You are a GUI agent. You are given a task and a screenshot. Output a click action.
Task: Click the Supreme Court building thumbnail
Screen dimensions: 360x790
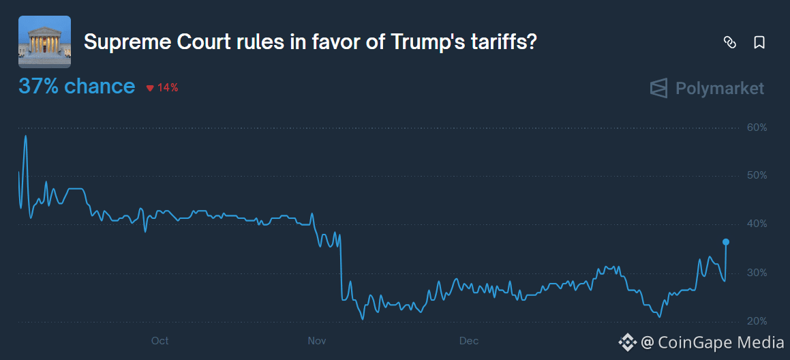(44, 42)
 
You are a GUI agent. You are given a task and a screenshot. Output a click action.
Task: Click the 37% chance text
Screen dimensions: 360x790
(76, 87)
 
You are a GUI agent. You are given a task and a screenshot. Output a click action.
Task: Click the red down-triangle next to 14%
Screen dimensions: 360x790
(150, 88)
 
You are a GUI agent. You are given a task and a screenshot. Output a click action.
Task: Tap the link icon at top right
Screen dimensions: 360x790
(729, 43)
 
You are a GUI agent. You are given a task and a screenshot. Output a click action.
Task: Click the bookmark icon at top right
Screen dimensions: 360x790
(759, 43)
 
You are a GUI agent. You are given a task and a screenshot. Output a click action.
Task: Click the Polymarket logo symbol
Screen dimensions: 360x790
(658, 89)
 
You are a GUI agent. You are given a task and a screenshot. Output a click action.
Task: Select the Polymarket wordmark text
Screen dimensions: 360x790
(719, 89)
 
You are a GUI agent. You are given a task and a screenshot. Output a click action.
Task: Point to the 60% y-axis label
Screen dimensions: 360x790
(756, 127)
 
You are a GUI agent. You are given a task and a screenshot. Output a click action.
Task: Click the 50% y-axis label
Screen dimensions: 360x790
(756, 176)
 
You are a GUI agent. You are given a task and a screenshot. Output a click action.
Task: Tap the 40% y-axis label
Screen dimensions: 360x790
(756, 224)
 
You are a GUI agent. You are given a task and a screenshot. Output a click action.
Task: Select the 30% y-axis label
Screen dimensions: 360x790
(756, 273)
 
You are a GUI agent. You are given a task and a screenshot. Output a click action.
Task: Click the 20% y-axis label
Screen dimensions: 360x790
(756, 321)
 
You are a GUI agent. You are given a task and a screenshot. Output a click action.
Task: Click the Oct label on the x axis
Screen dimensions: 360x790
(159, 341)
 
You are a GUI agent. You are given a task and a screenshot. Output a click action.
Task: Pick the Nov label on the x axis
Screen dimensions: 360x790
(317, 341)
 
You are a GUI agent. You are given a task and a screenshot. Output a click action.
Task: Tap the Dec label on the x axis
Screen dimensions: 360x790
(468, 341)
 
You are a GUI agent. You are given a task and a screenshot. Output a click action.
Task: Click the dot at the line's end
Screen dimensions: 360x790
(726, 242)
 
